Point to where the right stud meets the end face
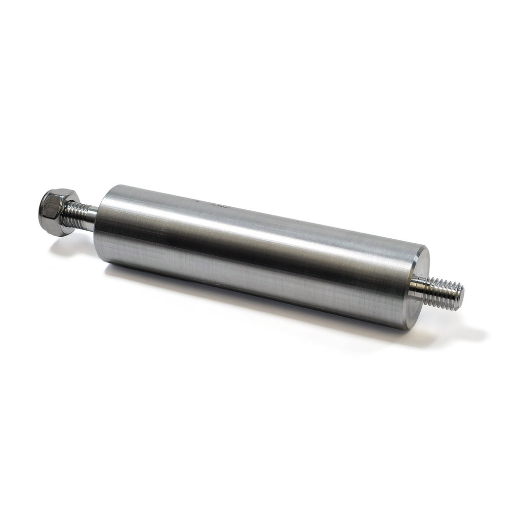point(411,291)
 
